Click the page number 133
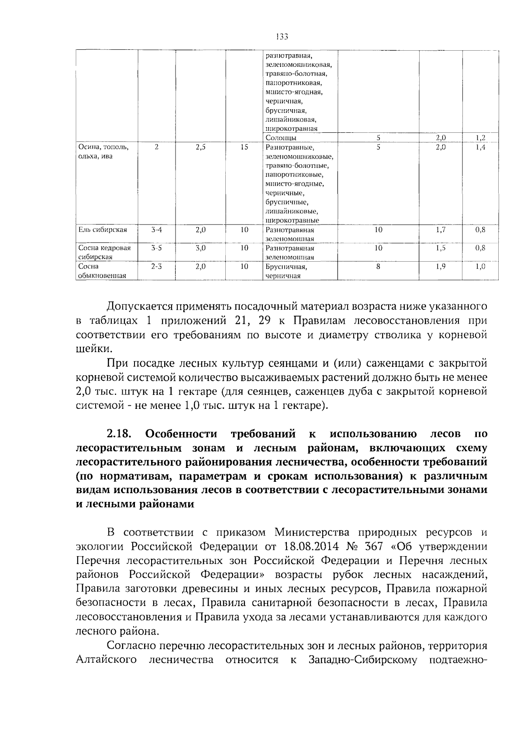pos(282,37)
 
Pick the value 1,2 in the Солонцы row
pos(480,138)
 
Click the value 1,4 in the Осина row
pos(480,147)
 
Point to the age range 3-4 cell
pos(156,230)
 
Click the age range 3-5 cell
pos(156,248)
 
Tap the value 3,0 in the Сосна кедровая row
pos(200,248)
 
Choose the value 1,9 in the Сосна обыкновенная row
pos(441,266)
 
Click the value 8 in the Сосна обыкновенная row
pos(378,266)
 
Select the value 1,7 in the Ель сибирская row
pos(441,230)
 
